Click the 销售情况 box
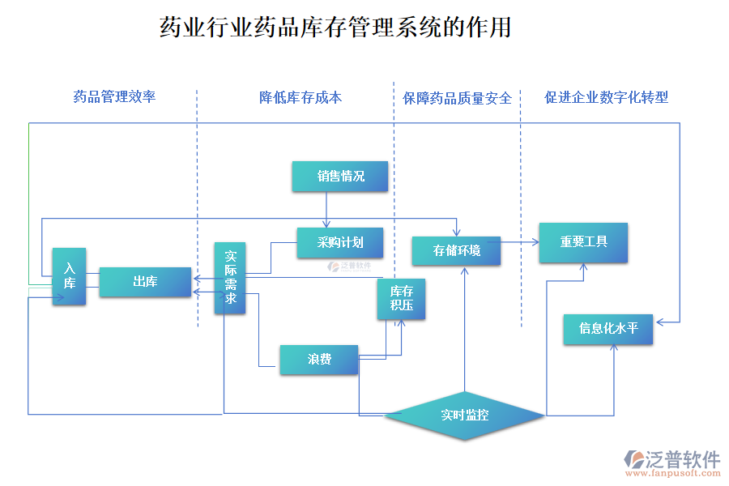click(x=340, y=177)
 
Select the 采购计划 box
click(x=339, y=242)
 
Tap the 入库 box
click(x=70, y=276)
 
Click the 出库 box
click(x=145, y=282)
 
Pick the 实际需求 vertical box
click(x=230, y=278)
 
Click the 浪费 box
click(x=318, y=360)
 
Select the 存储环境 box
click(x=456, y=250)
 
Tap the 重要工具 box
click(x=583, y=242)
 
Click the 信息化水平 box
click(x=608, y=329)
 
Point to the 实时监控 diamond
click(x=464, y=416)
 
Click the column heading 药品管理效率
click(x=114, y=97)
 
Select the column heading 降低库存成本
click(x=301, y=97)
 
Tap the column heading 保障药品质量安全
click(x=458, y=98)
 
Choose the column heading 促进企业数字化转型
click(x=607, y=97)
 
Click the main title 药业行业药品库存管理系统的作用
click(x=335, y=28)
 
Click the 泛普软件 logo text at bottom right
click(x=682, y=459)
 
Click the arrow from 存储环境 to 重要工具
click(x=519, y=241)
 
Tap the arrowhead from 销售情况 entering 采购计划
click(x=326, y=224)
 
